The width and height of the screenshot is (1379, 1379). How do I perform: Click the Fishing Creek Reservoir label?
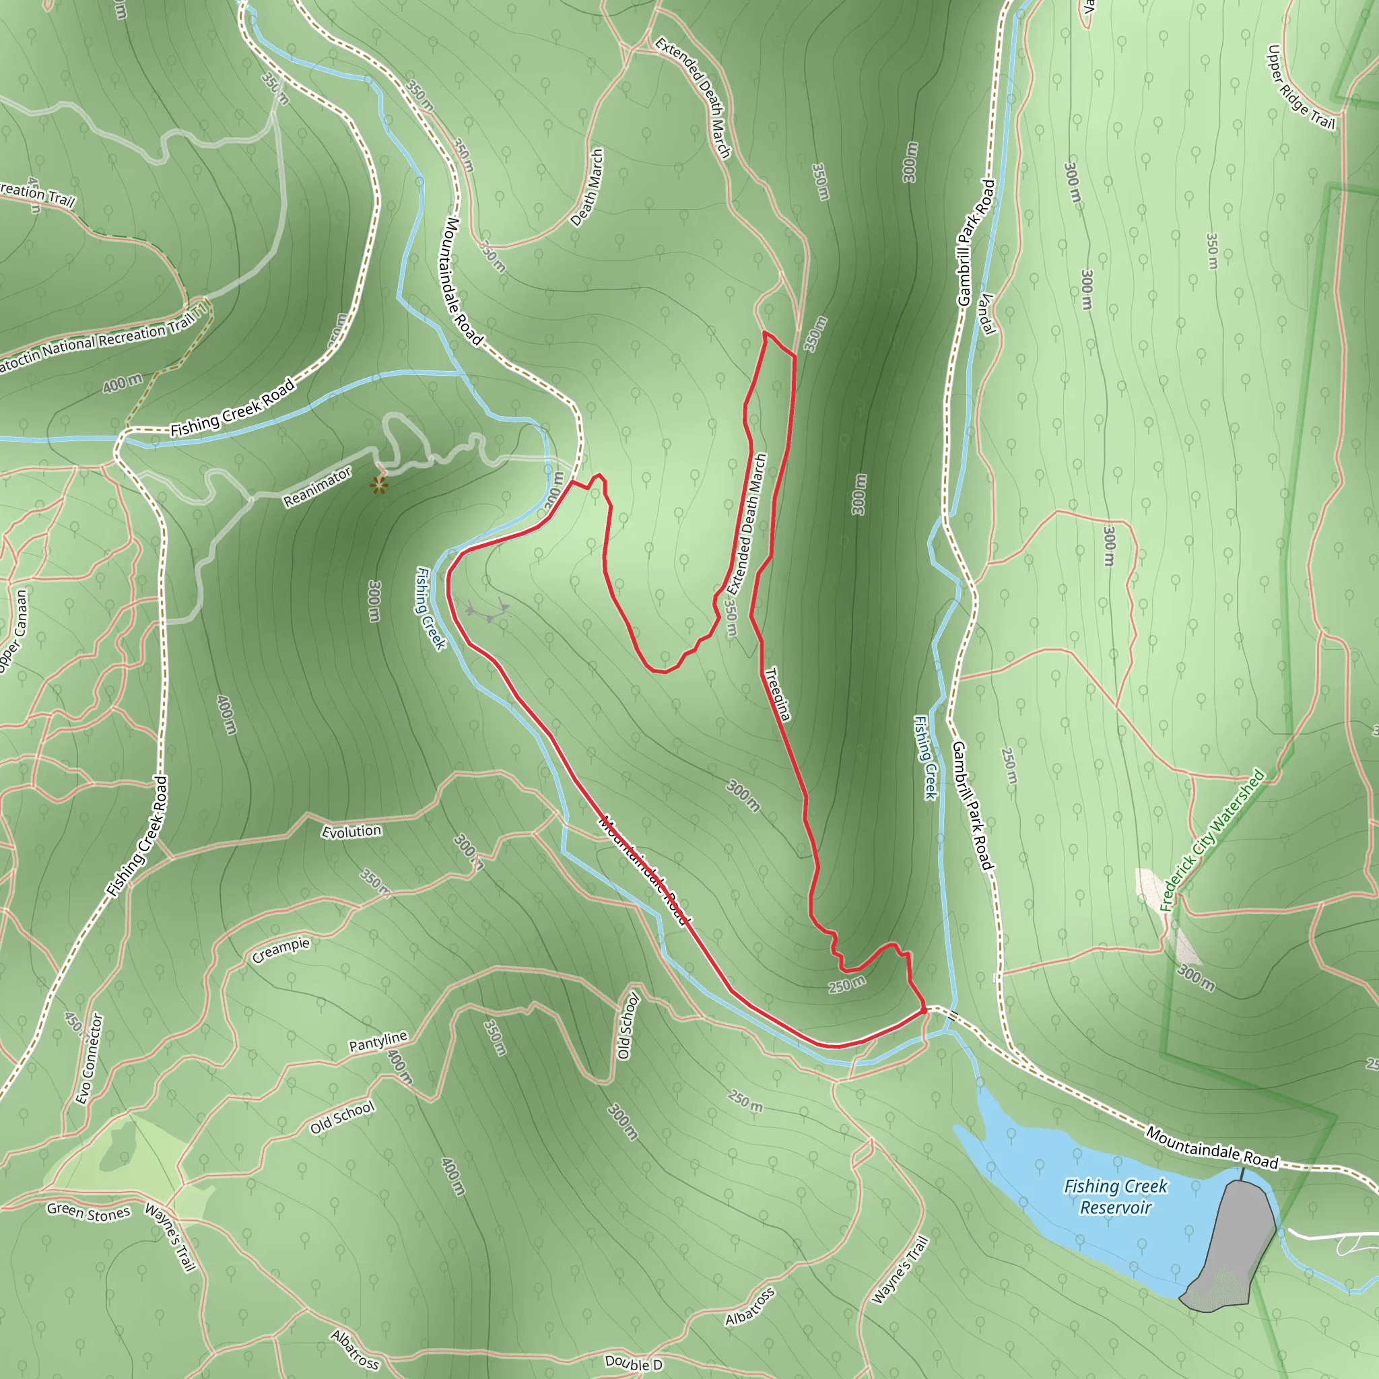click(x=1115, y=1197)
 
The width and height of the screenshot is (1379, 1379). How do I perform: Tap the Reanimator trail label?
click(x=318, y=487)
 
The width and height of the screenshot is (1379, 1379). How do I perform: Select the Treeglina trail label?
click(x=777, y=694)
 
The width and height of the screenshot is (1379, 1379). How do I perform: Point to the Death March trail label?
click(x=587, y=188)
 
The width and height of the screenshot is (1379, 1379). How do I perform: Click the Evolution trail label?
click(x=351, y=832)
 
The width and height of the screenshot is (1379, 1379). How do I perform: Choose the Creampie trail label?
click(x=281, y=950)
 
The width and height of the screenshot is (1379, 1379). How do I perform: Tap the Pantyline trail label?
click(x=378, y=1042)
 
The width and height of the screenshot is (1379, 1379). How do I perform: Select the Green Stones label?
click(x=88, y=1211)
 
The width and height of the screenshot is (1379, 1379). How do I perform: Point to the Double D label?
click(x=633, y=1364)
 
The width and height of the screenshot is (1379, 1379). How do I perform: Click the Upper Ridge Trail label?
click(x=1300, y=88)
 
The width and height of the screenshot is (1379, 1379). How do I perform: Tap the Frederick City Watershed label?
click(x=1211, y=840)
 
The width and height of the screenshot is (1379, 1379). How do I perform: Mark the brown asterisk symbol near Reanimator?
click(x=379, y=486)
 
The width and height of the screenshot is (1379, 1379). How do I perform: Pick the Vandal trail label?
click(x=987, y=314)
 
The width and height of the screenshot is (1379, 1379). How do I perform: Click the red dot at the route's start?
click(x=924, y=1010)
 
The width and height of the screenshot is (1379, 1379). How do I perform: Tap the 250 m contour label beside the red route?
click(x=846, y=985)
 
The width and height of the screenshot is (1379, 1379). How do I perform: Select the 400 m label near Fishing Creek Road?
click(x=122, y=383)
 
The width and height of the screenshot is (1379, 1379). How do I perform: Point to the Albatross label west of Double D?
click(x=355, y=1349)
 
